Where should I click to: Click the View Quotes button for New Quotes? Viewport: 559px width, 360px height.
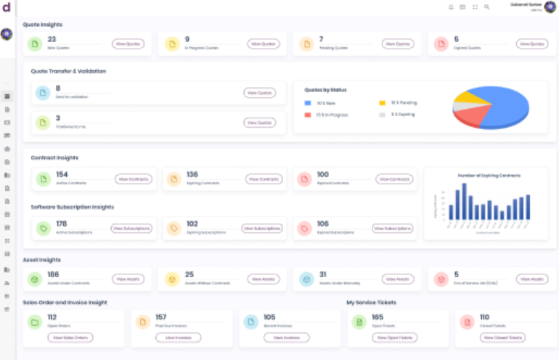coord(128,44)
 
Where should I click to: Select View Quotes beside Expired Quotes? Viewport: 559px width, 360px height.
coord(531,44)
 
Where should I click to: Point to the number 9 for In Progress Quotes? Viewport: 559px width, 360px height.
coord(187,39)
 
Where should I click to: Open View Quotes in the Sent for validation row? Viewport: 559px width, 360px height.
coord(259,93)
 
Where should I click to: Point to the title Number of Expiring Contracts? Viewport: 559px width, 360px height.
coord(488,175)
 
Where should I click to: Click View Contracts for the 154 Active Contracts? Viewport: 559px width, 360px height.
coord(133,179)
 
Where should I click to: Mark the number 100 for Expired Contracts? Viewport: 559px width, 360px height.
coord(323,174)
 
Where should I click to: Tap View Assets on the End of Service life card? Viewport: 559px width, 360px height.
coord(531,279)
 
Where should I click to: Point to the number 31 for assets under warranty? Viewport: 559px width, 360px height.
coord(322,274)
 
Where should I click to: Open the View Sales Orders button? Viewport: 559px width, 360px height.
coord(71,337)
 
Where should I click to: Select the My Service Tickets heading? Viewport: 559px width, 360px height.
coord(372,302)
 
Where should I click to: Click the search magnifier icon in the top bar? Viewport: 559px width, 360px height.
coord(487,7)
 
